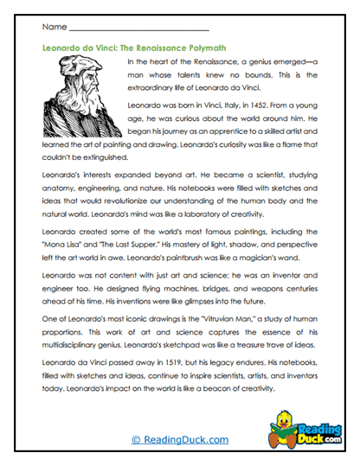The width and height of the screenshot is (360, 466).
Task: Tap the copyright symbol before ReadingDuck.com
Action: pos(136,440)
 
